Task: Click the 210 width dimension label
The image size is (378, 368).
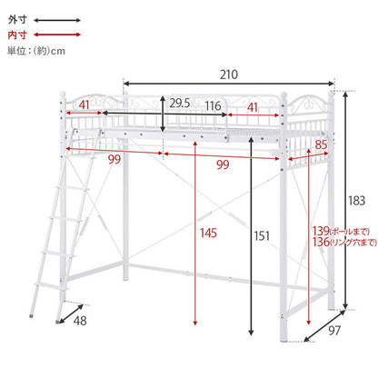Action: click(229, 75)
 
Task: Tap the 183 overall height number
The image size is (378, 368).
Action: click(356, 201)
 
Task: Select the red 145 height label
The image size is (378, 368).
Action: click(208, 233)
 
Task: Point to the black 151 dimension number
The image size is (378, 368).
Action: click(262, 235)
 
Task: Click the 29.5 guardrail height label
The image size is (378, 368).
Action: click(179, 104)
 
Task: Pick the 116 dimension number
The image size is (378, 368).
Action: click(213, 106)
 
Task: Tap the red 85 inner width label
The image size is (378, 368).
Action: click(321, 144)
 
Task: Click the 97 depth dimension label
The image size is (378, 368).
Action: click(334, 331)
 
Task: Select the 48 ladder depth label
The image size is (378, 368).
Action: click(80, 321)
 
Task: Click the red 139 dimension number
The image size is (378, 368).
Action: click(321, 231)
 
